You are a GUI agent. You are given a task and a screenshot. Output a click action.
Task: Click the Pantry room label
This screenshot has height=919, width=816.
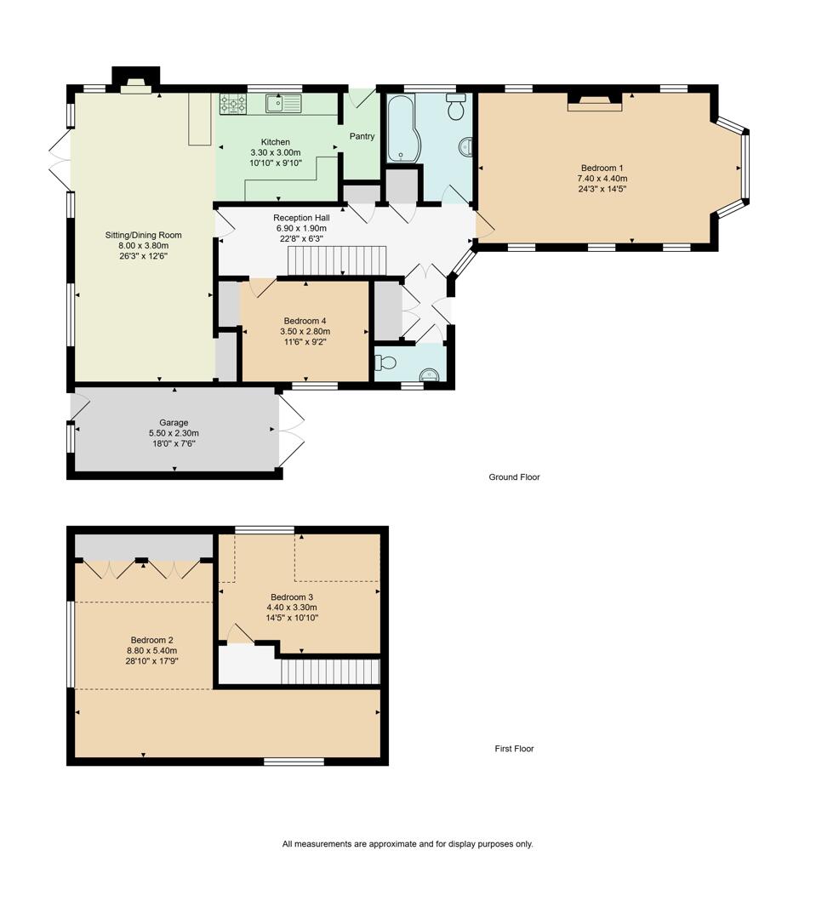click(x=362, y=136)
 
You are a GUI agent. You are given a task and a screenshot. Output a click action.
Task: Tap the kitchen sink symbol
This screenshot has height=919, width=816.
click(x=282, y=104)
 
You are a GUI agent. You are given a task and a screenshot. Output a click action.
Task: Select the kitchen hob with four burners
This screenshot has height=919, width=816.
click(x=233, y=104)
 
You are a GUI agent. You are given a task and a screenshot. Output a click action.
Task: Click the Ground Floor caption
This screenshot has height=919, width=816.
click(x=514, y=477)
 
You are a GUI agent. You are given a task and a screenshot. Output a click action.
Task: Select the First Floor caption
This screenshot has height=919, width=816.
click(x=514, y=749)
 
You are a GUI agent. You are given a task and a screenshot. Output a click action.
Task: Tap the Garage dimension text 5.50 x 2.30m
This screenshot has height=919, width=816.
click(x=174, y=433)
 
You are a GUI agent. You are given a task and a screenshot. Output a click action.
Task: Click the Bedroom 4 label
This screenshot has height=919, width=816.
click(x=305, y=321)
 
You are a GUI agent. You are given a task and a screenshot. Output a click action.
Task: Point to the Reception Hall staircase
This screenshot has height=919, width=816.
click(x=337, y=260)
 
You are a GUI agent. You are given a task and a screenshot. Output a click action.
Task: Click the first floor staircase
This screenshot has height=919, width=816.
click(x=330, y=672)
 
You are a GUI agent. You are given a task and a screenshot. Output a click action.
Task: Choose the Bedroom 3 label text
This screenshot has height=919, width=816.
click(x=292, y=596)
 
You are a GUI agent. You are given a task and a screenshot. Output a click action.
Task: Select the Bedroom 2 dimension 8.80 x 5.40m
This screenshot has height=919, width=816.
click(x=152, y=650)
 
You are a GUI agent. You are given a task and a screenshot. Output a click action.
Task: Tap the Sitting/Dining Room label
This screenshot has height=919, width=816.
click(x=143, y=235)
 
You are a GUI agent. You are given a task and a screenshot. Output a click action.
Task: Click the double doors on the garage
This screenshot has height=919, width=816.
click(x=290, y=432)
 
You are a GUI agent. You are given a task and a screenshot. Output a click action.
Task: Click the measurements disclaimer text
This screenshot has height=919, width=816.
click(x=408, y=844)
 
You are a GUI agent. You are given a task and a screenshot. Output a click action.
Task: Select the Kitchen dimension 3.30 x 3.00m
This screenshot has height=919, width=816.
click(x=275, y=152)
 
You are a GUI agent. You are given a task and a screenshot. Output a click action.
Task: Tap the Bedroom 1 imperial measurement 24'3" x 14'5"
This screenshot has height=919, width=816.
click(x=602, y=189)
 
